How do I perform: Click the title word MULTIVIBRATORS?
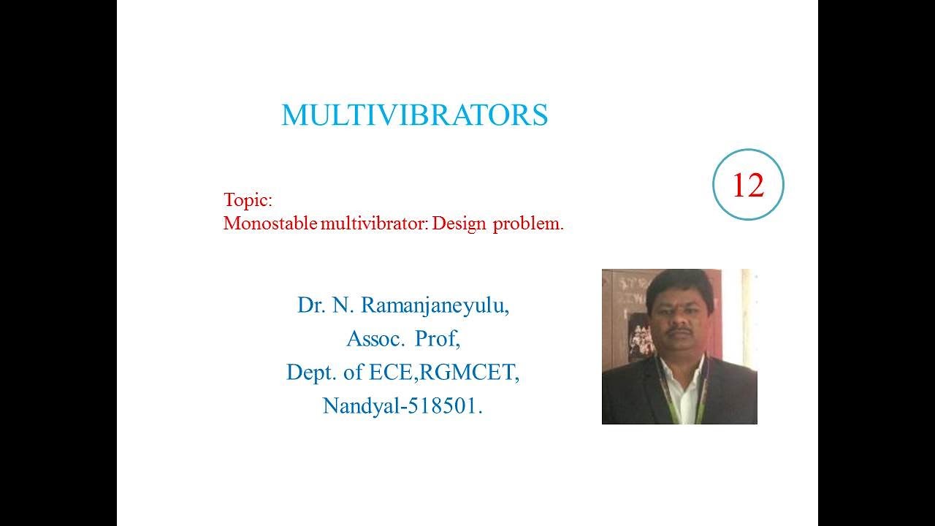414,115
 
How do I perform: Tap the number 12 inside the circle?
747,186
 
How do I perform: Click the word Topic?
248,200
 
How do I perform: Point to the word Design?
459,224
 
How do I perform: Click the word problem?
528,224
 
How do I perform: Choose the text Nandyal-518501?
403,406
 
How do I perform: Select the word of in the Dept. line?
353,373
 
